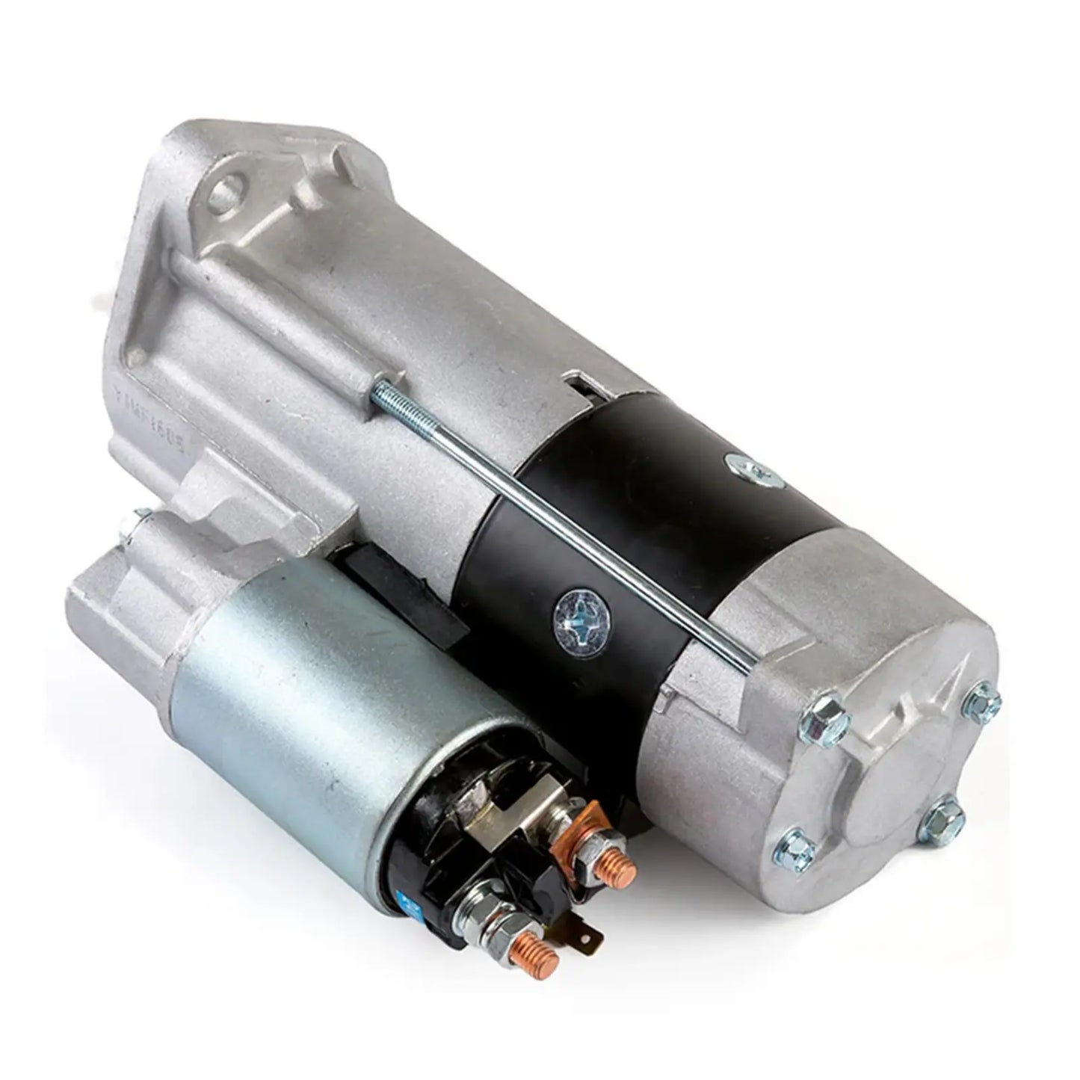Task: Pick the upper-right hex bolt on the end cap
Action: click(981, 700)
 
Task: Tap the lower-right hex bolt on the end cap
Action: click(945, 817)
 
